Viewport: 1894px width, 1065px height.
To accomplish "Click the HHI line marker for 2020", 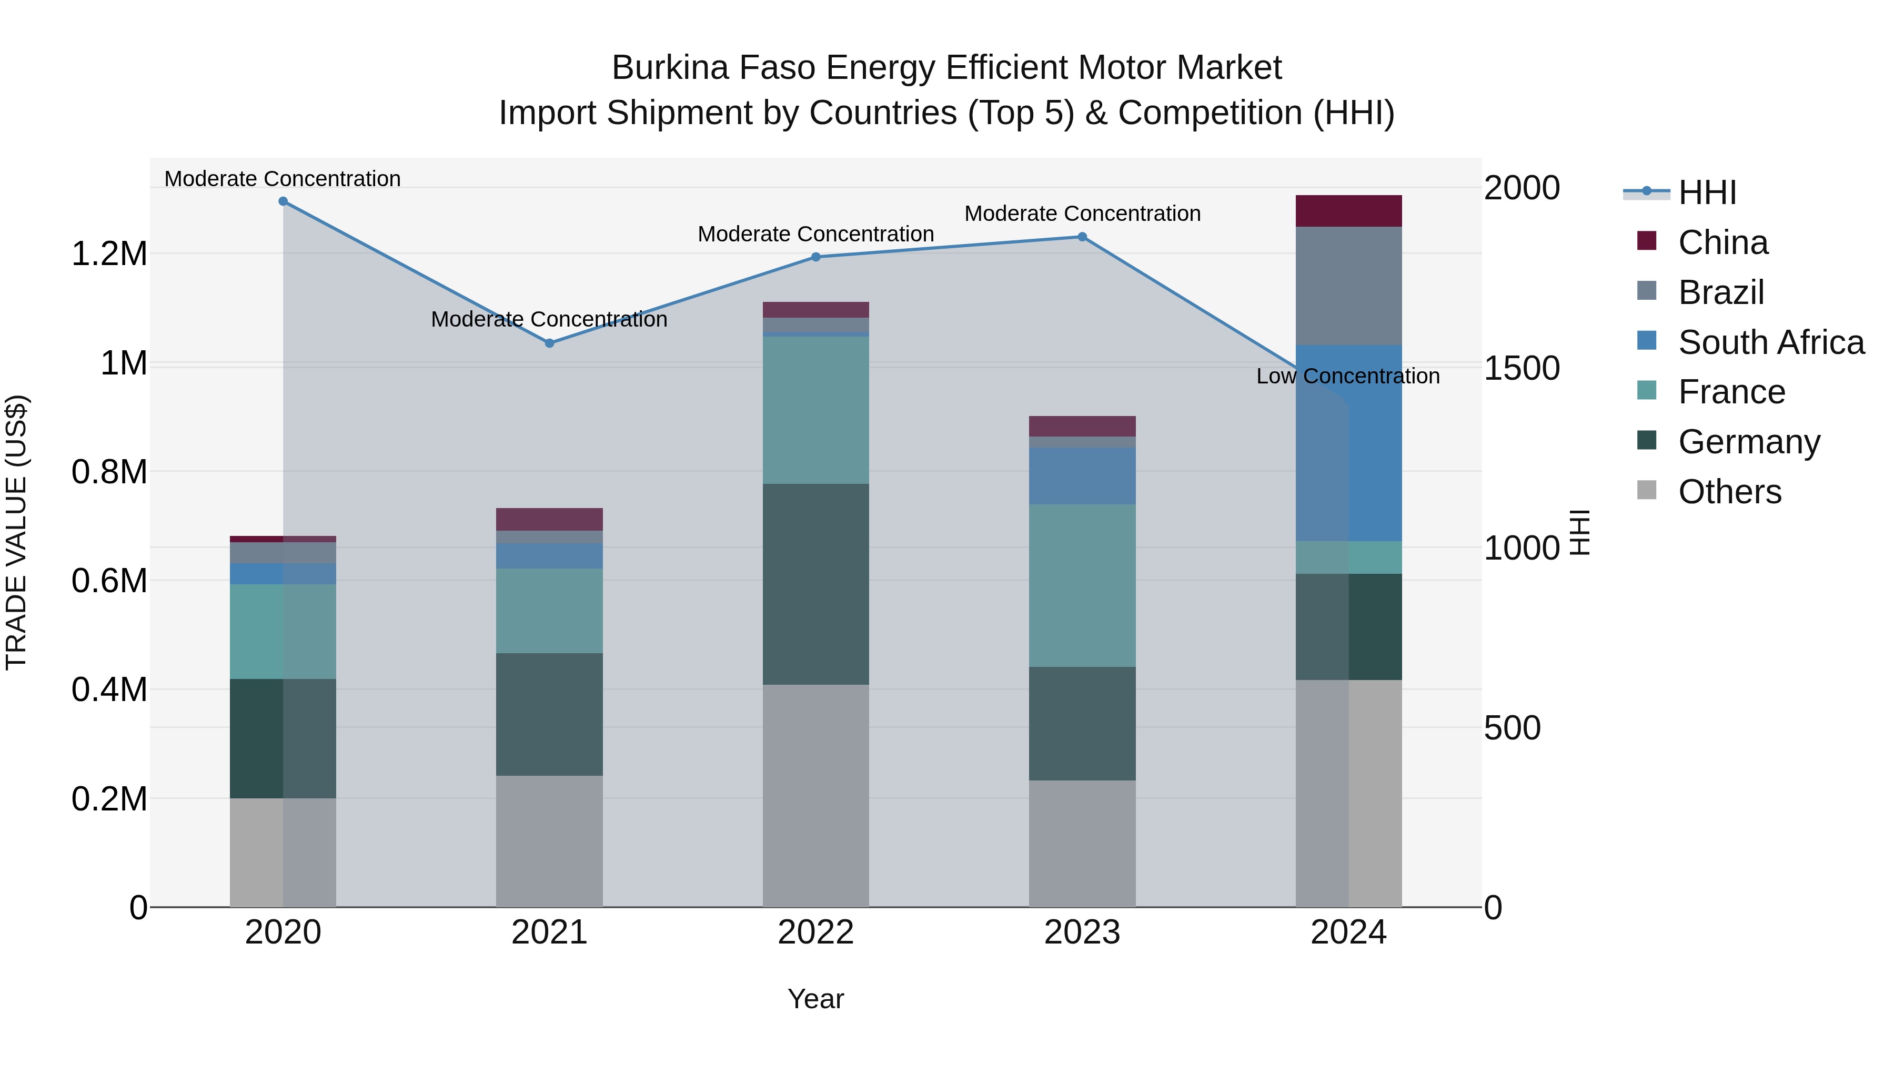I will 283,201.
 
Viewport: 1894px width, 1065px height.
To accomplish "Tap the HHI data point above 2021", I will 549,343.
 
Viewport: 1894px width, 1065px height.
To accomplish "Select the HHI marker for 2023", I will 1082,237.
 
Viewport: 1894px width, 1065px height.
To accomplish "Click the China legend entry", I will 1722,242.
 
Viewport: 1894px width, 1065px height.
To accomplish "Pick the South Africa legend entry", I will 1770,342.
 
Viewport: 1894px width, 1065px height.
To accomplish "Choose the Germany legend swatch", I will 1647,441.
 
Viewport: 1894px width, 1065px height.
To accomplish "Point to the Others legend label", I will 1729,492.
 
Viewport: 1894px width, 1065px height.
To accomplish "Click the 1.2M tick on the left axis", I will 109,255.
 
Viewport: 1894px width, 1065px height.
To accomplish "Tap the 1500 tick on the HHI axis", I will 1521,368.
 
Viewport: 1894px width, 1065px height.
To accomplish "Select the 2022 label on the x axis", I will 815,932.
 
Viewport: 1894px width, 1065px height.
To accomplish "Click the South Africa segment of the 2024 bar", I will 1348,443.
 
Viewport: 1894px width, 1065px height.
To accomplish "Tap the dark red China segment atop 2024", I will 1348,211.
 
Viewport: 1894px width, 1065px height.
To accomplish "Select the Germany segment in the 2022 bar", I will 815,584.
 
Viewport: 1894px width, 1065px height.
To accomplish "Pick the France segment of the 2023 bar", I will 1082,586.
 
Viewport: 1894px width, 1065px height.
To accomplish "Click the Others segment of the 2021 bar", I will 549,841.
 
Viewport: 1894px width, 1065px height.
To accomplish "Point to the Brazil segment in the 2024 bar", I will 1348,286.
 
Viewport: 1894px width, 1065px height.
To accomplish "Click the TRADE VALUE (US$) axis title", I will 17,532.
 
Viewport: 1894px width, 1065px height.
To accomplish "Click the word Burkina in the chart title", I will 670,68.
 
